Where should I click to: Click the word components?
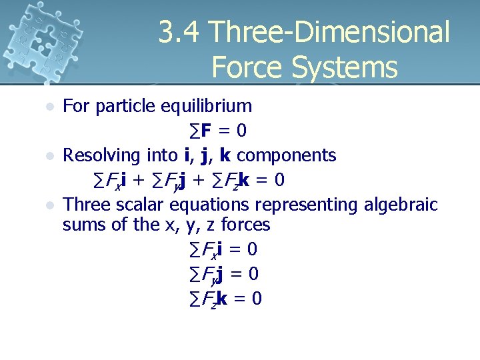[287, 155]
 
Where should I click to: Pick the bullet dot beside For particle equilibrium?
[48, 107]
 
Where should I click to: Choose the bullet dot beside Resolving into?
[48, 156]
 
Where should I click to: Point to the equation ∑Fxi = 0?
[223, 250]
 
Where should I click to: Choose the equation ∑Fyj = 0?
[223, 274]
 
